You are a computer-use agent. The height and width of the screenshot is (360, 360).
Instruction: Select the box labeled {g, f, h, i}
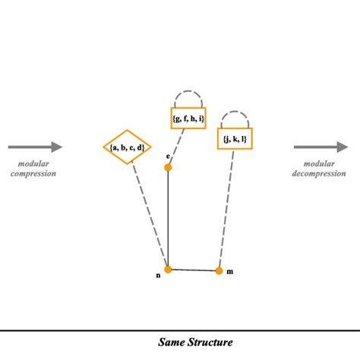pyautogui.click(x=188, y=118)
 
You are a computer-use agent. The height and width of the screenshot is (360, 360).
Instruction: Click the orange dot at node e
pyautogui.click(x=168, y=167)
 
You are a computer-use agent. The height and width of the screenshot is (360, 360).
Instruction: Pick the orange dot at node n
pyautogui.click(x=168, y=269)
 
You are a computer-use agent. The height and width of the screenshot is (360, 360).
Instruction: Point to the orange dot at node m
pyautogui.click(x=219, y=270)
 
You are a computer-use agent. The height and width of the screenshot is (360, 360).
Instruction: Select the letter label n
pyautogui.click(x=158, y=275)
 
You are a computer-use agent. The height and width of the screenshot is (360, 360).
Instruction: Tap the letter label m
pyautogui.click(x=230, y=272)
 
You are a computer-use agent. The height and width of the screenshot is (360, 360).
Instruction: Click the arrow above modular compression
pyautogui.click(x=36, y=147)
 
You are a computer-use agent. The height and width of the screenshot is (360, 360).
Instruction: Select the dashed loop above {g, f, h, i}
pyautogui.click(x=188, y=97)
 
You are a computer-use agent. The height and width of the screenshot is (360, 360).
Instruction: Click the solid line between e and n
pyautogui.click(x=168, y=220)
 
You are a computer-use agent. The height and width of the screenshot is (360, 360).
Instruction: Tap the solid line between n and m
pyautogui.click(x=194, y=270)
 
